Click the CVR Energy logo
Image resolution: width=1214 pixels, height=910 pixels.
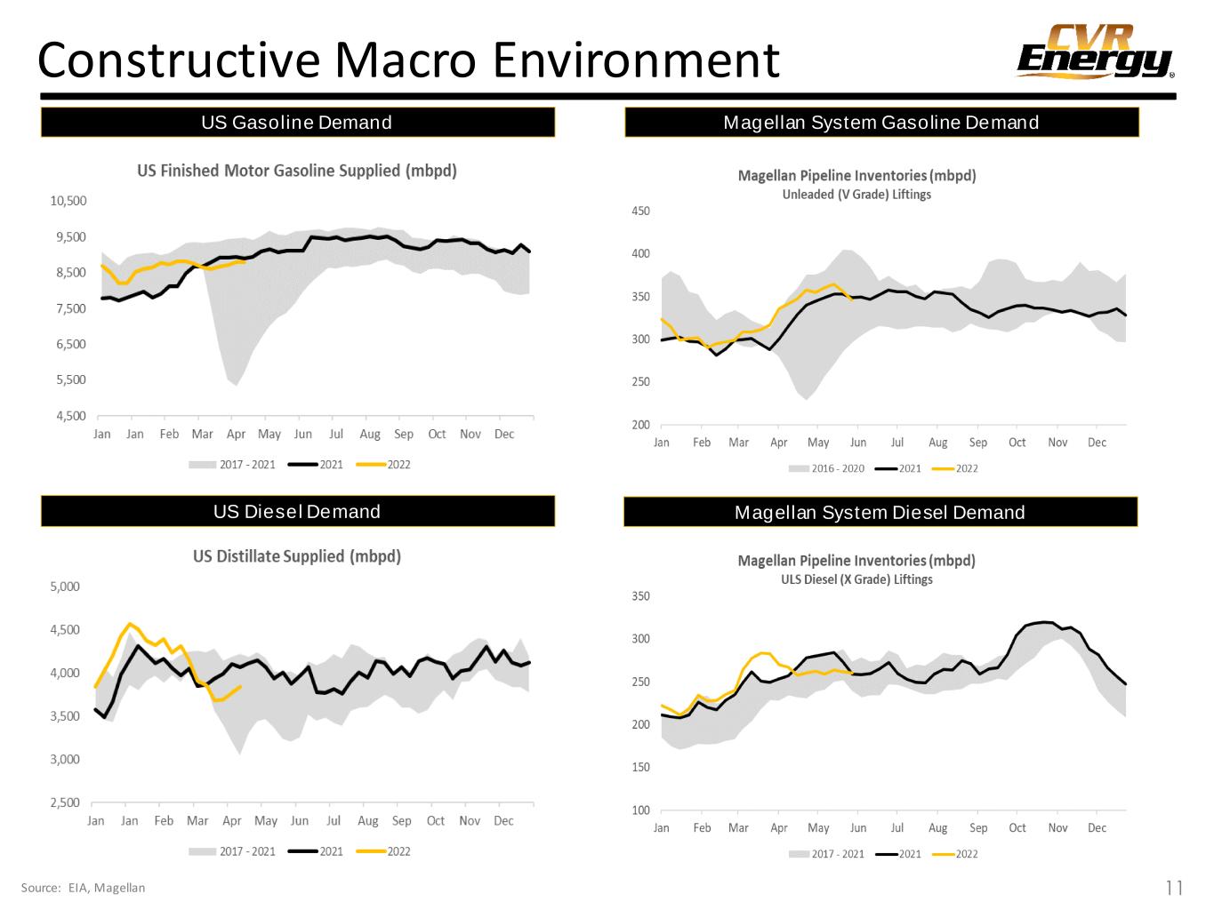point(1095,52)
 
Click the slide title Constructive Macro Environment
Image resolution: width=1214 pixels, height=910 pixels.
point(408,60)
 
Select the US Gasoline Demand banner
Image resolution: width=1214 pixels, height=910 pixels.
point(297,123)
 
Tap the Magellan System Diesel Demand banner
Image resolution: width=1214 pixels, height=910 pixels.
point(880,512)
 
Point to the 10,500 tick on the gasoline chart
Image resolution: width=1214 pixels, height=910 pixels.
point(68,201)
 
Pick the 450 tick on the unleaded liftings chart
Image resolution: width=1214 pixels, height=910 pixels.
point(640,212)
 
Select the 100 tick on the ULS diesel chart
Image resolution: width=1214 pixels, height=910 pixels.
point(640,810)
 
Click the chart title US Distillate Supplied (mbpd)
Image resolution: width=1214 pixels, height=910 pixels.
point(297,556)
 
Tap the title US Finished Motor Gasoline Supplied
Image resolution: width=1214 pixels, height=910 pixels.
point(297,171)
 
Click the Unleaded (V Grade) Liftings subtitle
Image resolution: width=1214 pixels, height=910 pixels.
point(856,195)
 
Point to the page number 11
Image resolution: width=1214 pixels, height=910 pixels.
point(1174,887)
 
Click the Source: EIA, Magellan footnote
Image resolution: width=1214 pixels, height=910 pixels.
point(83,887)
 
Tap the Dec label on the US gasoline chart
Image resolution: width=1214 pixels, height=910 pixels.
point(503,434)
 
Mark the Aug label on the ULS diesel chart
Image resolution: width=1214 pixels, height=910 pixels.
point(937,827)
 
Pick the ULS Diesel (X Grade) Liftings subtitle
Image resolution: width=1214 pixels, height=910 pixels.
point(856,579)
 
